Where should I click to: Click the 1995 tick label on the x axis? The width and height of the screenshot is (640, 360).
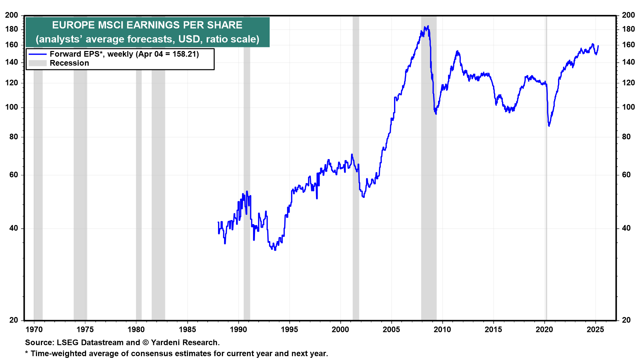click(289, 330)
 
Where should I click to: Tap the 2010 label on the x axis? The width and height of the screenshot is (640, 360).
click(442, 330)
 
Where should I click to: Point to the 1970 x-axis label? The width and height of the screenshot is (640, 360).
click(34, 330)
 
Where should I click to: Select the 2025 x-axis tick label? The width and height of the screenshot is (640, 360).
click(595, 330)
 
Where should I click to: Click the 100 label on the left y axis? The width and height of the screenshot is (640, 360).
click(12, 107)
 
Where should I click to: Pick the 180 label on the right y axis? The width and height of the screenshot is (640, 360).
click(628, 29)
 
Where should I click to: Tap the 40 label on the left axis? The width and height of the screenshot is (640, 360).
click(14, 228)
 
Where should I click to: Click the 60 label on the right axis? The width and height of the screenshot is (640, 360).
click(626, 175)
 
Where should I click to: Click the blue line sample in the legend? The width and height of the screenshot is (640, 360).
click(37, 54)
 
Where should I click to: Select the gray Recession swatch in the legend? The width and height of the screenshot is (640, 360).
click(37, 63)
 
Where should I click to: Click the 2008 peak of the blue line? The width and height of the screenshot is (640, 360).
click(428, 26)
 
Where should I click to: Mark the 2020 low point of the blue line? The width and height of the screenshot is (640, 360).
click(549, 126)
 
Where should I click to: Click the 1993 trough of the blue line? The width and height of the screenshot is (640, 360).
click(275, 250)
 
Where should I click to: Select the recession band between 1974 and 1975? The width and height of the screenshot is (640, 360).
click(80, 167)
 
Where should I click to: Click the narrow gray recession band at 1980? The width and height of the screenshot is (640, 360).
click(139, 167)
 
